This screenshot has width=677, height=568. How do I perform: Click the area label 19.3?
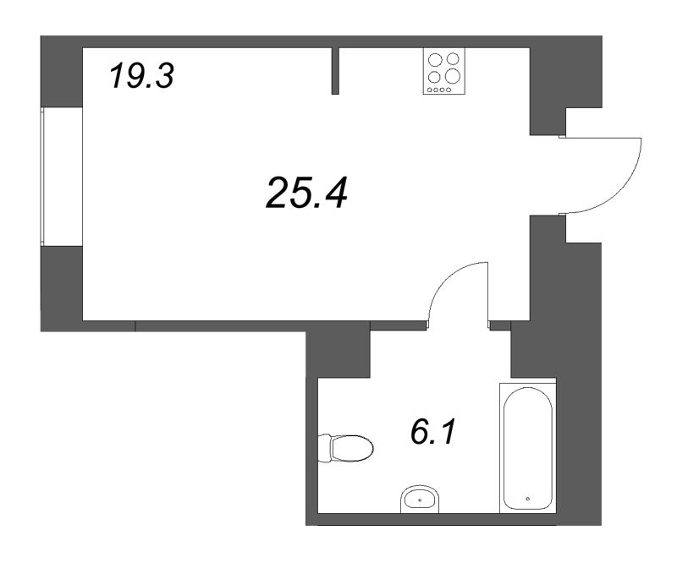[141, 75]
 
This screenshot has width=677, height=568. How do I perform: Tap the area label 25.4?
[307, 193]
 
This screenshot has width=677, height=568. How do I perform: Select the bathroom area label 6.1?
[433, 431]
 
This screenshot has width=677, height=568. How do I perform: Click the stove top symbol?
[443, 71]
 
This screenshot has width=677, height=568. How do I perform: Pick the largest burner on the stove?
[453, 75]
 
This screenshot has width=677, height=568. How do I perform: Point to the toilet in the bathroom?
[345, 448]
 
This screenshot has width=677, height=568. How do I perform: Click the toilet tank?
[324, 448]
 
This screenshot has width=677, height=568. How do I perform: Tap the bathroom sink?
[420, 500]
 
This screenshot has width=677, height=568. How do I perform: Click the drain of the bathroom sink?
[420, 500]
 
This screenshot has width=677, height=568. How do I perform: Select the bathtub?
[527, 448]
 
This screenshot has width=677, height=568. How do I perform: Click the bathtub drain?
[527, 499]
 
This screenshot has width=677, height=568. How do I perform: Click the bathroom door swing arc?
[445, 276]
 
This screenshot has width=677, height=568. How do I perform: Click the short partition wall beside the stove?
[335, 71]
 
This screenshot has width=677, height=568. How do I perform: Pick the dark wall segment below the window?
[61, 288]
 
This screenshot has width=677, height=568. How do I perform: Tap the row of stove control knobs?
[439, 90]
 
